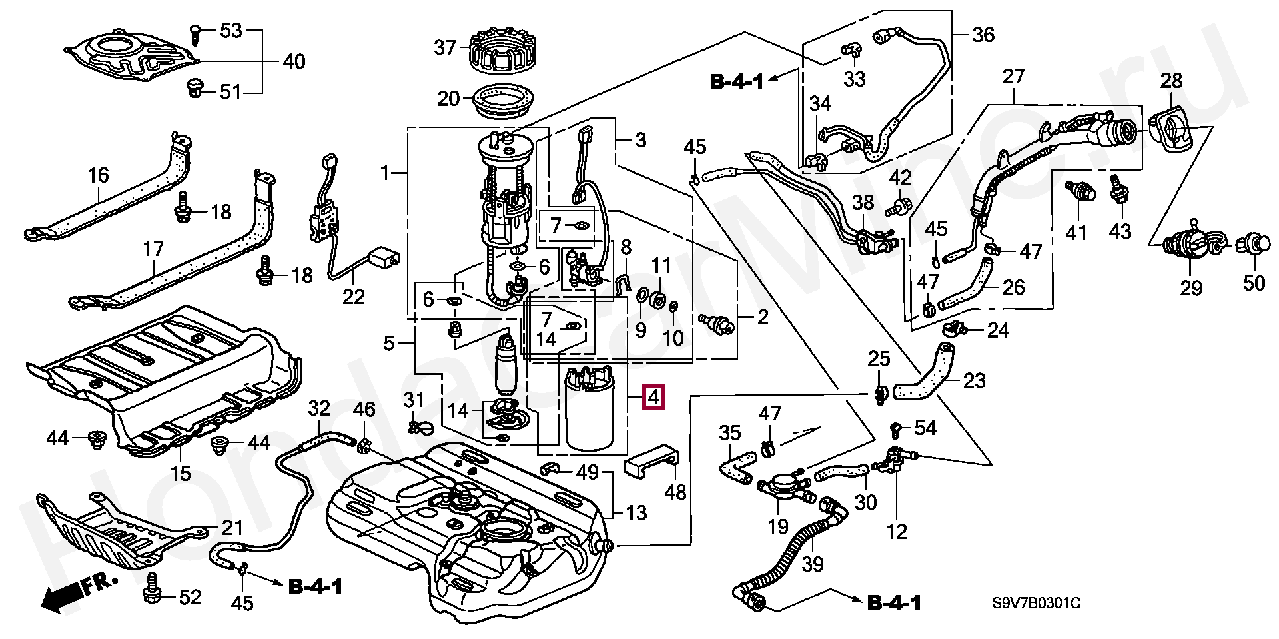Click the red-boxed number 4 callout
pyautogui.click(x=653, y=398)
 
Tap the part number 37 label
pyautogui.click(x=445, y=47)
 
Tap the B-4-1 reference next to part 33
pyautogui.click(x=737, y=82)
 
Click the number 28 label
pyautogui.click(x=1171, y=81)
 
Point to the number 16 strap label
pyautogui.click(x=98, y=175)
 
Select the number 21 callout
pyautogui.click(x=232, y=528)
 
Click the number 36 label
pyautogui.click(x=983, y=34)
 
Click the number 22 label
pyautogui.click(x=354, y=296)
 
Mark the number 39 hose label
pyautogui.click(x=812, y=564)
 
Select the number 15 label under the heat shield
pyautogui.click(x=181, y=473)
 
